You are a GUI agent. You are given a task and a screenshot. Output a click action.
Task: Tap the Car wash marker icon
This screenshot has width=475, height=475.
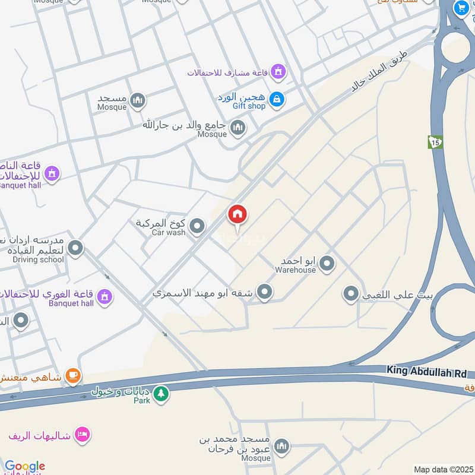click(x=197, y=226)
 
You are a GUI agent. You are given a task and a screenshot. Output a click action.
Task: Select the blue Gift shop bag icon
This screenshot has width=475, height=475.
click(x=276, y=100)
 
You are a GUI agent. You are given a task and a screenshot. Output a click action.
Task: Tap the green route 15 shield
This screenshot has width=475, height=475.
click(x=435, y=142)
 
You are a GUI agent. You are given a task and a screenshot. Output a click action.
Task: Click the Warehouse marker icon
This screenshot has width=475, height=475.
click(x=326, y=263)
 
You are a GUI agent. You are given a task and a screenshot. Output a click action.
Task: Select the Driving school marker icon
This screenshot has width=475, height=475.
click(x=75, y=248)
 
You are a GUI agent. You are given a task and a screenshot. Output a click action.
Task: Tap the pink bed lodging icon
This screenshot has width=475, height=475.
click(x=83, y=434)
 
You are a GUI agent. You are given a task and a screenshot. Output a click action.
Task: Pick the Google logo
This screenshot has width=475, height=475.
click(x=25, y=467)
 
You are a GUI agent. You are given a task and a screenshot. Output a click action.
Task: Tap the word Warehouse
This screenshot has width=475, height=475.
click(x=295, y=270)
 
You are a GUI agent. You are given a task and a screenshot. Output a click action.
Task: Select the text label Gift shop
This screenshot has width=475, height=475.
click(x=249, y=106)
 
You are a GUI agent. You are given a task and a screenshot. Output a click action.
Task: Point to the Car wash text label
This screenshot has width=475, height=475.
click(x=169, y=233)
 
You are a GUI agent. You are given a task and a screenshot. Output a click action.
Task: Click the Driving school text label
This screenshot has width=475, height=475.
click(x=38, y=259)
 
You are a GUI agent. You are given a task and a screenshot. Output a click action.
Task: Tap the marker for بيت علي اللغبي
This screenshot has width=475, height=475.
click(x=351, y=293)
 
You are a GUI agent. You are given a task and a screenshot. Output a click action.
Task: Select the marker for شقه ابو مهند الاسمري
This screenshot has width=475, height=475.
click(x=265, y=292)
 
